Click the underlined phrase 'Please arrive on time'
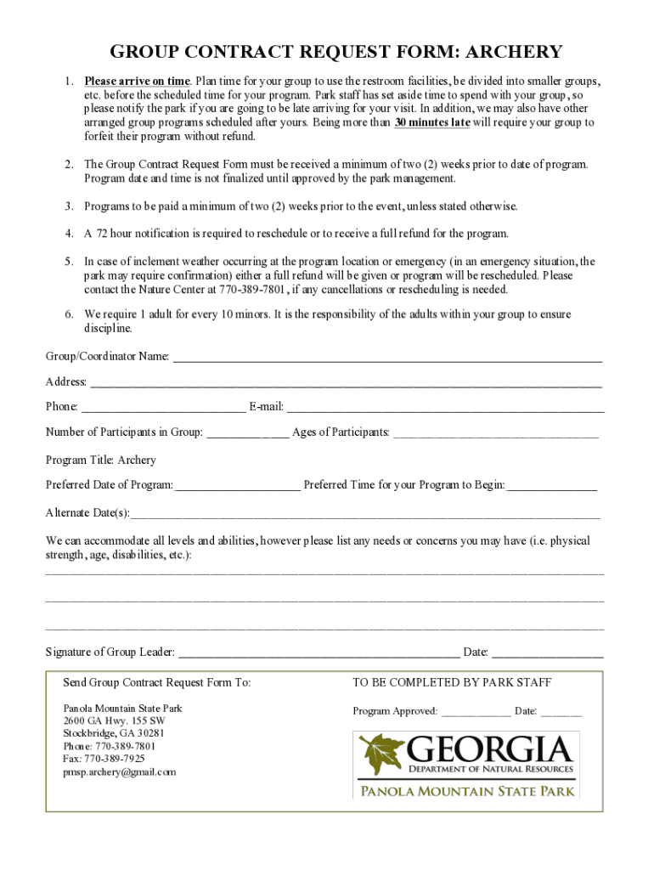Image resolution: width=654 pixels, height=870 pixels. pos(137,82)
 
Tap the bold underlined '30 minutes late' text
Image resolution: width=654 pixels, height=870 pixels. pos(432,122)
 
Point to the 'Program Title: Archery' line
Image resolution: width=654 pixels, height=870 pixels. pos(101,460)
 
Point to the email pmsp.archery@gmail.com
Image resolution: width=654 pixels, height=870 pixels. pos(120,772)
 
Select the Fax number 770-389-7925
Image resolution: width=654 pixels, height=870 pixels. pos(104,759)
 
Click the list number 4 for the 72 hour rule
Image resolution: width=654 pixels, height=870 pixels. pos(69,233)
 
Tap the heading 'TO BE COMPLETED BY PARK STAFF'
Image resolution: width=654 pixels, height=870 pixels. pos(452,683)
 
